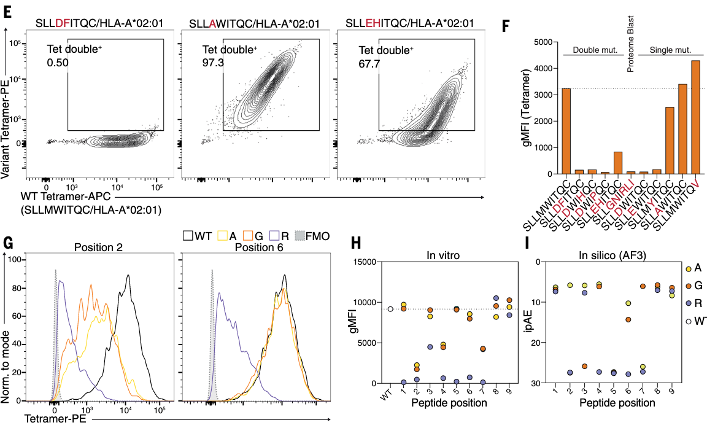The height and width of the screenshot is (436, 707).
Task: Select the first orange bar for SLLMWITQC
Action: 566,131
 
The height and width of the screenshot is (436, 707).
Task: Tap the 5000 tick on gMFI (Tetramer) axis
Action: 542,42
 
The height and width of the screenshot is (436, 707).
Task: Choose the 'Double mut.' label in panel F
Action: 590,50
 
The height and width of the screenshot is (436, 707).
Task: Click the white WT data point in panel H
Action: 390,309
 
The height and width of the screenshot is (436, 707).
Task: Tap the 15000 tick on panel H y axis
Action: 364,262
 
